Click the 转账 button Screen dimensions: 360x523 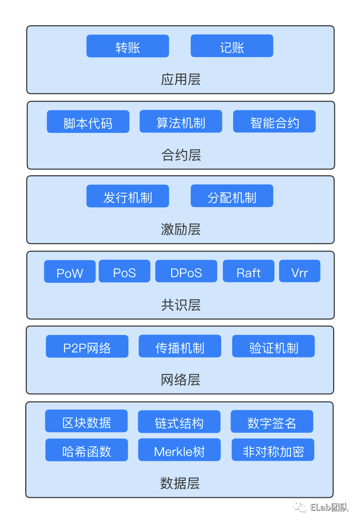tap(127, 46)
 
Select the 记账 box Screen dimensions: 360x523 tap(232, 46)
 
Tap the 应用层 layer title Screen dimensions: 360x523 tap(181, 79)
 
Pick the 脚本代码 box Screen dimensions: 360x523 tap(88, 122)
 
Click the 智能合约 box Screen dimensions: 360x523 tap(274, 122)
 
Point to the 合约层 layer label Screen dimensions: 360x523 tap(181, 155)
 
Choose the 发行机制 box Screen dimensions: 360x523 tap(127, 196)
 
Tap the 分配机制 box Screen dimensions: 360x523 tap(232, 196)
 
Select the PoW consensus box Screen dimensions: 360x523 tap(70, 272)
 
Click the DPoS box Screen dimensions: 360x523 tap(186, 272)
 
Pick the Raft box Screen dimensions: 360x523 tap(249, 272)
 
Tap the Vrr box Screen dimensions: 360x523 tap(300, 271)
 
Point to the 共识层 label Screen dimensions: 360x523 tap(181, 305)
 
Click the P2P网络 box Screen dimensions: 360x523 tap(87, 347)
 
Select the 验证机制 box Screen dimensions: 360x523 tap(273, 347)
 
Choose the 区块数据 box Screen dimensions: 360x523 tap(86, 421)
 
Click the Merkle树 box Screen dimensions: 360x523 tap(179, 450)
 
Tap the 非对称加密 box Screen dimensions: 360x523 tap(273, 450)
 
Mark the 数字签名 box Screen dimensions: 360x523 tap(272, 422)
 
